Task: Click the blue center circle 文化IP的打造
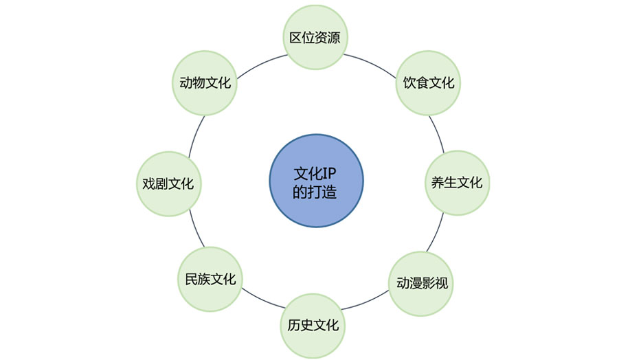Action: [x=316, y=181]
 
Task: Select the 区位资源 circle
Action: [x=315, y=37]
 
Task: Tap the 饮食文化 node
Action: [x=428, y=83]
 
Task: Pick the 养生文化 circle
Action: [x=457, y=183]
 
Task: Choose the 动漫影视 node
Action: [x=421, y=284]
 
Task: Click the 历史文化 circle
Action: [x=313, y=326]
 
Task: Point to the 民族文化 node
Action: [x=210, y=279]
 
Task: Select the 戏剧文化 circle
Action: [x=168, y=183]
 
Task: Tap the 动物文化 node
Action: [x=205, y=83]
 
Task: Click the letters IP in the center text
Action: [x=329, y=173]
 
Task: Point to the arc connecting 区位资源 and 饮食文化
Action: [x=371, y=63]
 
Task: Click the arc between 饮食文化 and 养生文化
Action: [x=438, y=133]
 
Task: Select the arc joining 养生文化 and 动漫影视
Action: [x=436, y=233]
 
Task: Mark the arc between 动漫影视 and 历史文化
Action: [x=366, y=302]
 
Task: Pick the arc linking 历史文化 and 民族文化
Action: [x=262, y=300]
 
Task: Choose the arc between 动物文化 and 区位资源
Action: [x=261, y=63]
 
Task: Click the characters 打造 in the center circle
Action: [x=322, y=192]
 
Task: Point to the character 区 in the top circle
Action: [x=295, y=38]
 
